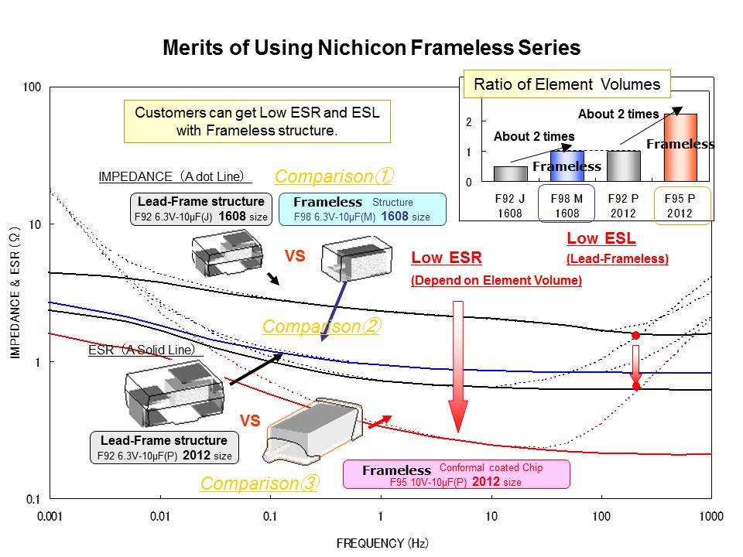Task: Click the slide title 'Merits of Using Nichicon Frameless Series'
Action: pyautogui.click(x=371, y=48)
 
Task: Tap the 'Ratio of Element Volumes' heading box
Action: pyautogui.click(x=567, y=84)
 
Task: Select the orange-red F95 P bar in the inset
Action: pyautogui.click(x=680, y=148)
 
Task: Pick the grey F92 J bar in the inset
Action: pyautogui.click(x=510, y=174)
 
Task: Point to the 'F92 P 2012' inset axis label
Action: pyautogui.click(x=623, y=205)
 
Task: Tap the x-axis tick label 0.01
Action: pyautogui.click(x=160, y=515)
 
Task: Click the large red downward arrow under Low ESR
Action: pyautogui.click(x=457, y=364)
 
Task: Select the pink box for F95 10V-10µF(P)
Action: pyautogui.click(x=456, y=474)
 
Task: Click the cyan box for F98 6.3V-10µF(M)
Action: pyautogui.click(x=362, y=209)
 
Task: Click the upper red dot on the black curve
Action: pyautogui.click(x=635, y=335)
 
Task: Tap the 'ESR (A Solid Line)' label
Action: pyautogui.click(x=145, y=350)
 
